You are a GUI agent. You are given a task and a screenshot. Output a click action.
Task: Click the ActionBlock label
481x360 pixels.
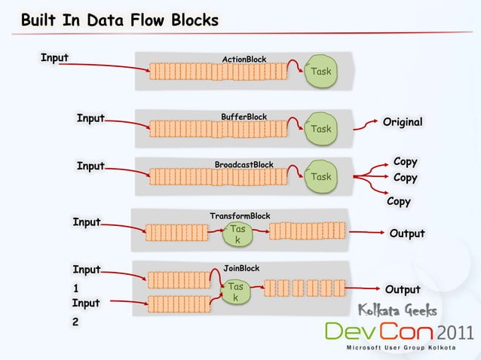(x=244, y=59)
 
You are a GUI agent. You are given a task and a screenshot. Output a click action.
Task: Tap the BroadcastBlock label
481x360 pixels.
(x=244, y=164)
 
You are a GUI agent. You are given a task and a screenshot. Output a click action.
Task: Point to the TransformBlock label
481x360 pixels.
(x=240, y=216)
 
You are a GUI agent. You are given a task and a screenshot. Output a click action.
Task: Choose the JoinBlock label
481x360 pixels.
(x=242, y=268)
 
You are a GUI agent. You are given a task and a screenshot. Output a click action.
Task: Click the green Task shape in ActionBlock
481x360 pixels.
(x=321, y=72)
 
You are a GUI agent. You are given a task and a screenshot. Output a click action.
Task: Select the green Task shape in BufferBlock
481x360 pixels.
(x=321, y=129)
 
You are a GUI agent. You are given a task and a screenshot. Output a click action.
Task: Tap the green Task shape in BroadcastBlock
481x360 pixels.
(x=321, y=177)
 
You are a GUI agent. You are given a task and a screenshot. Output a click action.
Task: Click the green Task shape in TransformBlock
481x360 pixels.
(x=237, y=233)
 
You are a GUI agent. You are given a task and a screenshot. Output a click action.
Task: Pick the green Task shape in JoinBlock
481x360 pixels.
(x=236, y=292)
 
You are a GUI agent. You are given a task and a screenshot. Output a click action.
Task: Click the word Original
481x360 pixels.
(x=403, y=122)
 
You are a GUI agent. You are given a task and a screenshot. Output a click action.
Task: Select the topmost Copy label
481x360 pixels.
(x=406, y=162)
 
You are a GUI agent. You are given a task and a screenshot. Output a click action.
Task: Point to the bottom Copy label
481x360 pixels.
(x=399, y=202)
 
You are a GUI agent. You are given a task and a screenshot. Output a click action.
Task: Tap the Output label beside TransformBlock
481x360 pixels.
(x=406, y=233)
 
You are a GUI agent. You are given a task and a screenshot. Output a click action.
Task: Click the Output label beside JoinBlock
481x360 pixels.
(x=403, y=290)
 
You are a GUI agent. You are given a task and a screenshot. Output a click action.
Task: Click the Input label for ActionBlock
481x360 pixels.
(x=54, y=56)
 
